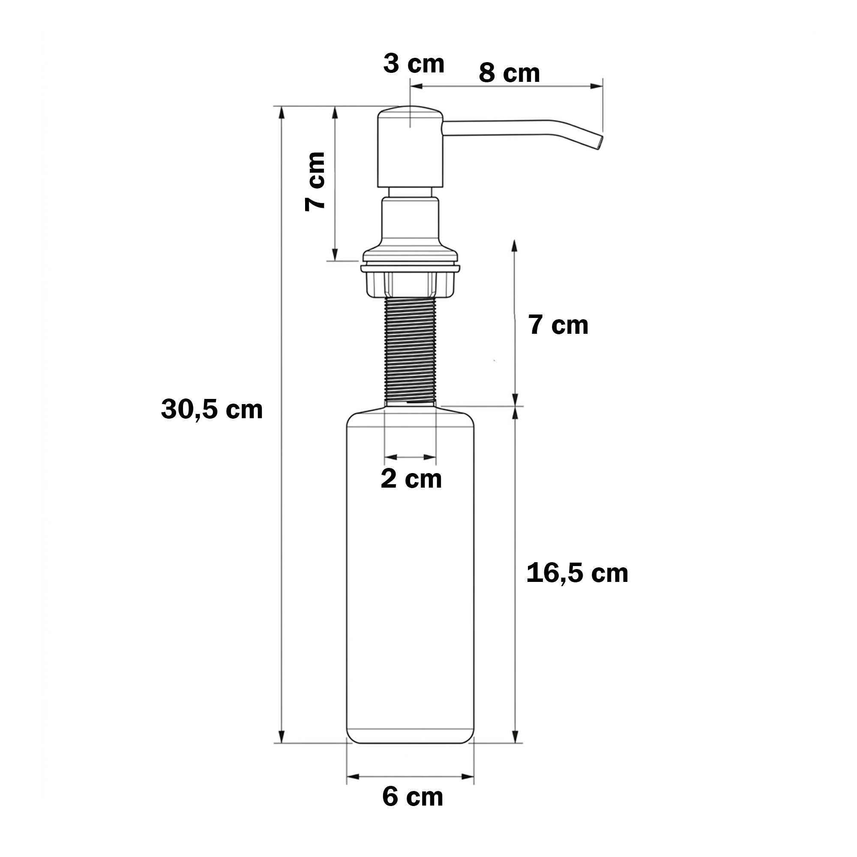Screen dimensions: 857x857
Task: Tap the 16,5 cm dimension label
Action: [x=577, y=572]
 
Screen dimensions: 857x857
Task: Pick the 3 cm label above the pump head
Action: [x=414, y=63]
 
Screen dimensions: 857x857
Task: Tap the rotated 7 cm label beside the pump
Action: [x=315, y=181]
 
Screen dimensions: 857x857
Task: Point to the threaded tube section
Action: [x=411, y=351]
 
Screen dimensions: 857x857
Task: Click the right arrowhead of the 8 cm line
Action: [x=597, y=86]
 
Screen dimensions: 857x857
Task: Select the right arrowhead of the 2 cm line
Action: [x=430, y=457]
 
